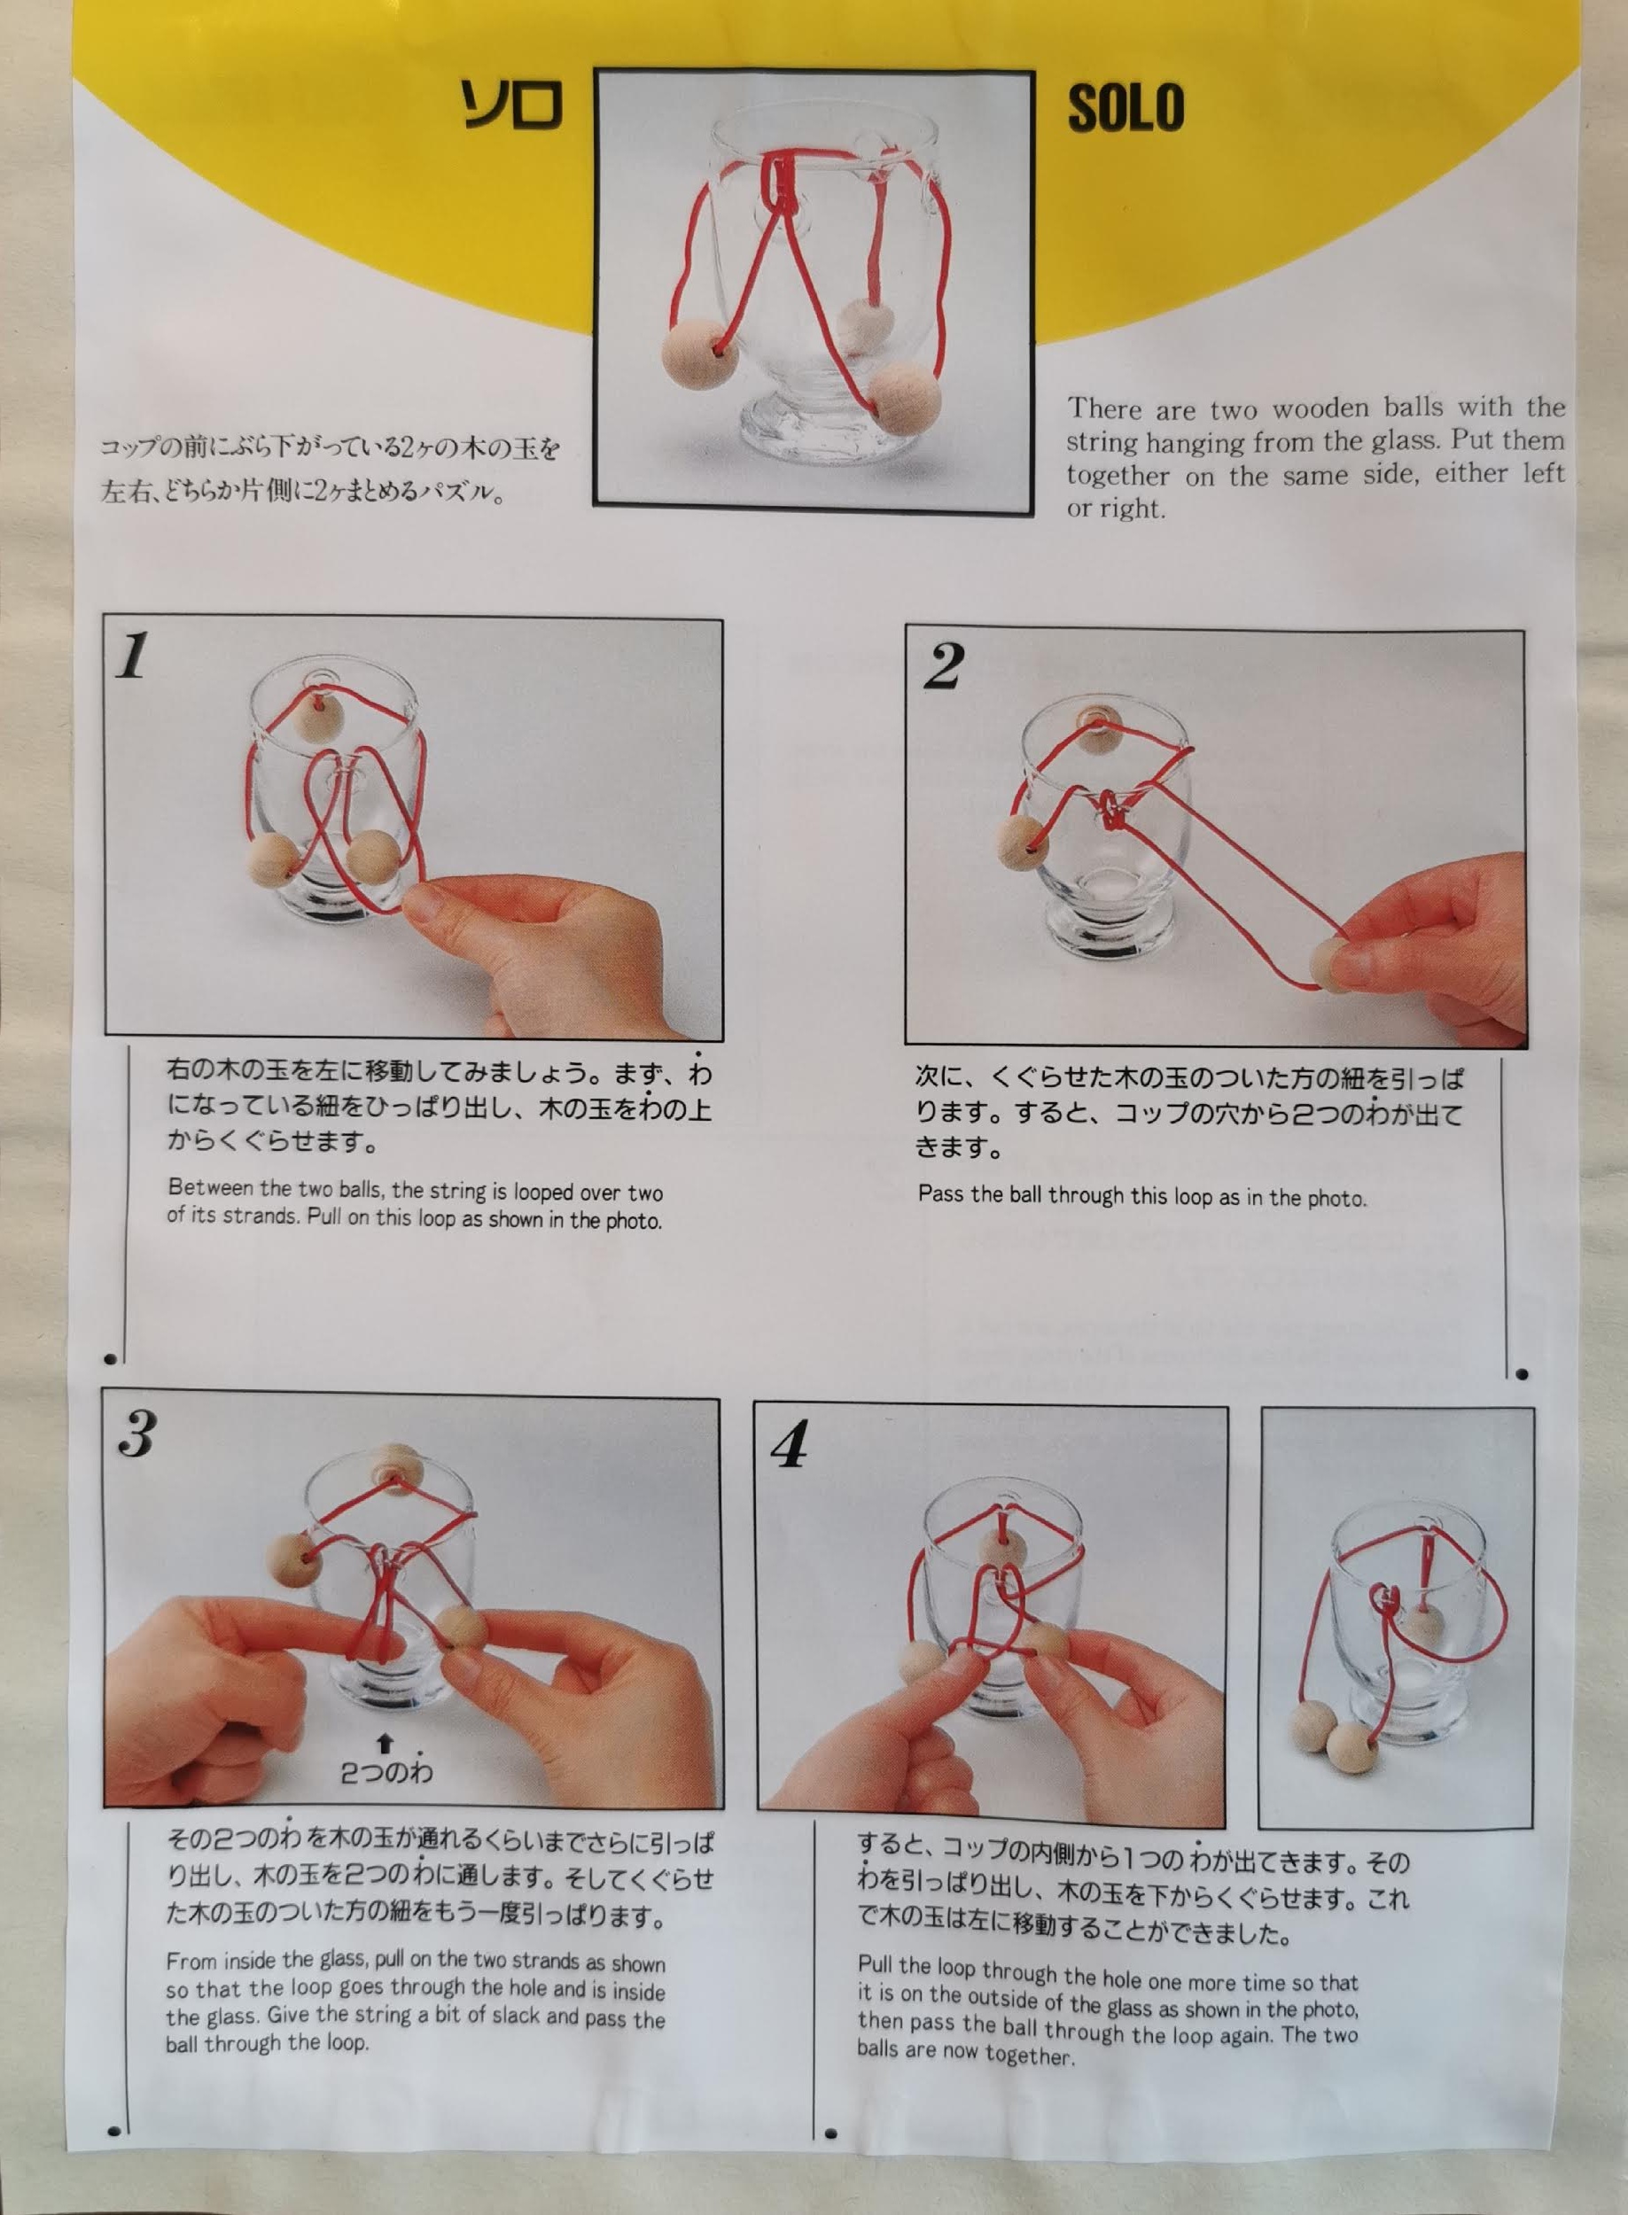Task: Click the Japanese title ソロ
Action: (x=511, y=105)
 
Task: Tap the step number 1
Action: (x=133, y=657)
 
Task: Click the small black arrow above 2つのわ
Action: (x=386, y=1745)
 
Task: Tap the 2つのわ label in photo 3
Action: (x=386, y=1773)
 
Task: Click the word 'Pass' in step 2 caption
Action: (x=941, y=1193)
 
